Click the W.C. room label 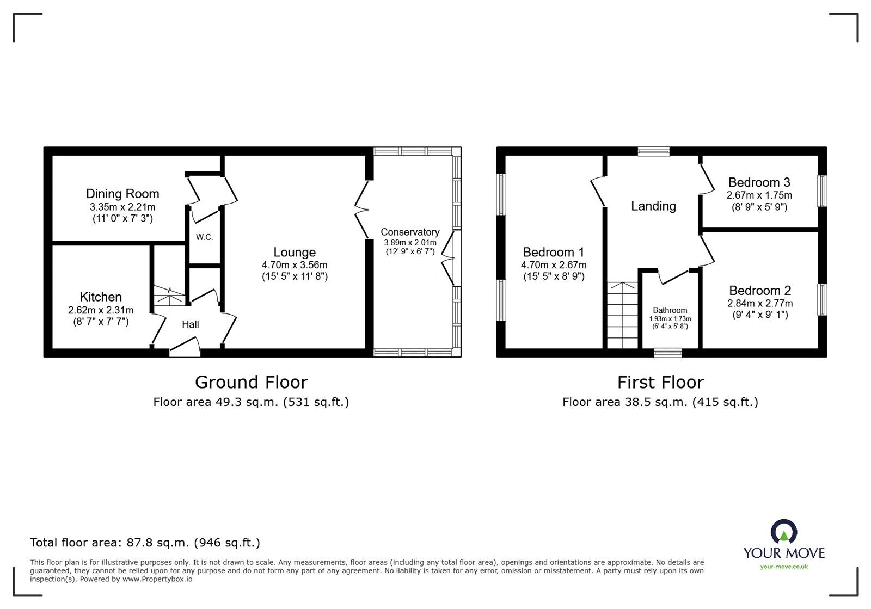pos(204,237)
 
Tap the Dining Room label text pos(122,194)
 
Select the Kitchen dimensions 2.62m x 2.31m pos(101,310)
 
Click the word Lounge pos(295,253)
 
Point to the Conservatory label pos(410,232)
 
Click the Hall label pos(191,324)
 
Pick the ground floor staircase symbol pos(169,296)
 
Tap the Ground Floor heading pos(251,383)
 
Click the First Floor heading pos(660,383)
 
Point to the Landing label pos(653,206)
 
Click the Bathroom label pos(670,310)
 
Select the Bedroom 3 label pos(759,183)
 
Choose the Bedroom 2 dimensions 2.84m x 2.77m pos(760,304)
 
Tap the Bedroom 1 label pos(553,253)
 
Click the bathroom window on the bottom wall pos(668,353)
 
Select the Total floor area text pos(145,543)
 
